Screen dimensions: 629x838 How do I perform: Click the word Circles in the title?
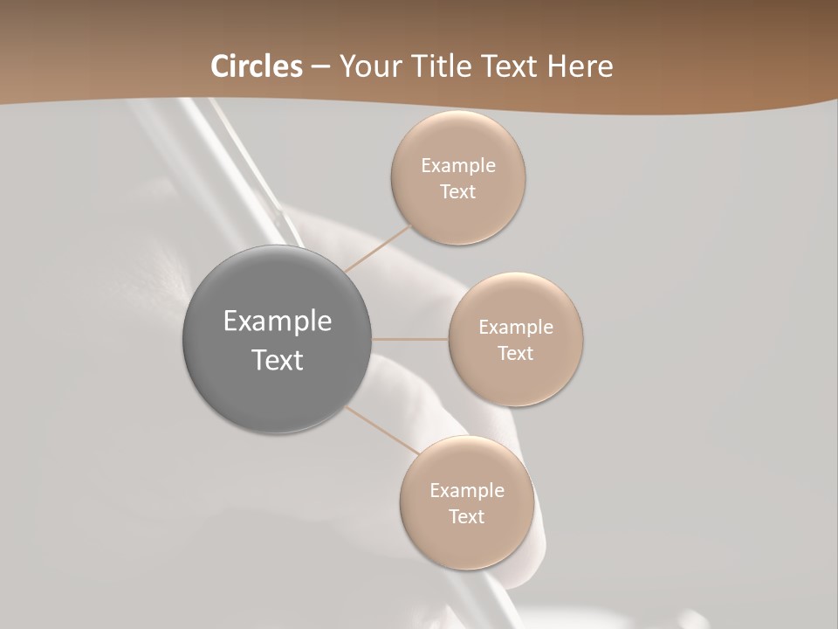coord(256,66)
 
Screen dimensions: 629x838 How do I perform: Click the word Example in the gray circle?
coord(278,321)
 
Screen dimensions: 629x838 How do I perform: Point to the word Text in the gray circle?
coord(278,360)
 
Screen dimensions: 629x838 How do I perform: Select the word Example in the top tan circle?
coord(457,166)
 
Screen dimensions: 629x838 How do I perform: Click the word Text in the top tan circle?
coord(457,192)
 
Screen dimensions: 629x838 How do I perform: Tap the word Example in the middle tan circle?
coord(515,328)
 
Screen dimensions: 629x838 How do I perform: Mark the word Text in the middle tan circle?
coord(515,354)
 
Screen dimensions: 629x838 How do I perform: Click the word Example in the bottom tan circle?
coord(466,491)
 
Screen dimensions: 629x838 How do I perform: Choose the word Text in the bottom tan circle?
coord(466,517)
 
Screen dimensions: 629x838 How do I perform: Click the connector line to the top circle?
coord(379,248)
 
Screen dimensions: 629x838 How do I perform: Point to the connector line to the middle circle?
coord(410,339)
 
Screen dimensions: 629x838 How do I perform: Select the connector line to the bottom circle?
coord(382,430)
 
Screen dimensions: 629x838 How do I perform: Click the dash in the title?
coord(319,67)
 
